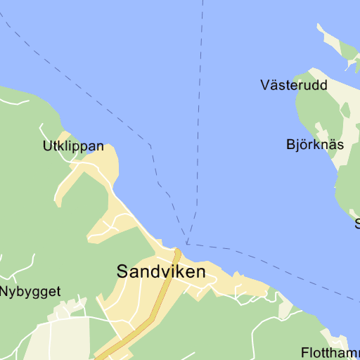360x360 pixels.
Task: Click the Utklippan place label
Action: click(x=73, y=147)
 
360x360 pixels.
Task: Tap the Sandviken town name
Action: click(x=161, y=271)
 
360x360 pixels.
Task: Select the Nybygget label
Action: click(x=30, y=291)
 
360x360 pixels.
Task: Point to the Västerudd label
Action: click(x=294, y=85)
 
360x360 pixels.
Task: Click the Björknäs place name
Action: click(x=315, y=145)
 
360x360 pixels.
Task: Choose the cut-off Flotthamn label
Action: click(x=330, y=352)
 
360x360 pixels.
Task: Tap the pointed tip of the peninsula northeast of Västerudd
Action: click(x=319, y=26)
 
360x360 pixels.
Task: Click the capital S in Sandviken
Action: click(x=123, y=271)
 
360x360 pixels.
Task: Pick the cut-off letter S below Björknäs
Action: click(x=357, y=224)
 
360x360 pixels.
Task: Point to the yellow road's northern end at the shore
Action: click(x=178, y=251)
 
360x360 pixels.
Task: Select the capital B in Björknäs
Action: click(x=291, y=145)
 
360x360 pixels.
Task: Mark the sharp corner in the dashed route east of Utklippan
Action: click(x=150, y=145)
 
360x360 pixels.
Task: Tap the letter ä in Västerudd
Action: click(x=276, y=85)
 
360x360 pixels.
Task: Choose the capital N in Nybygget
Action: click(x=4, y=290)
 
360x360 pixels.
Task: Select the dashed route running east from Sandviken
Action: click(x=267, y=264)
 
